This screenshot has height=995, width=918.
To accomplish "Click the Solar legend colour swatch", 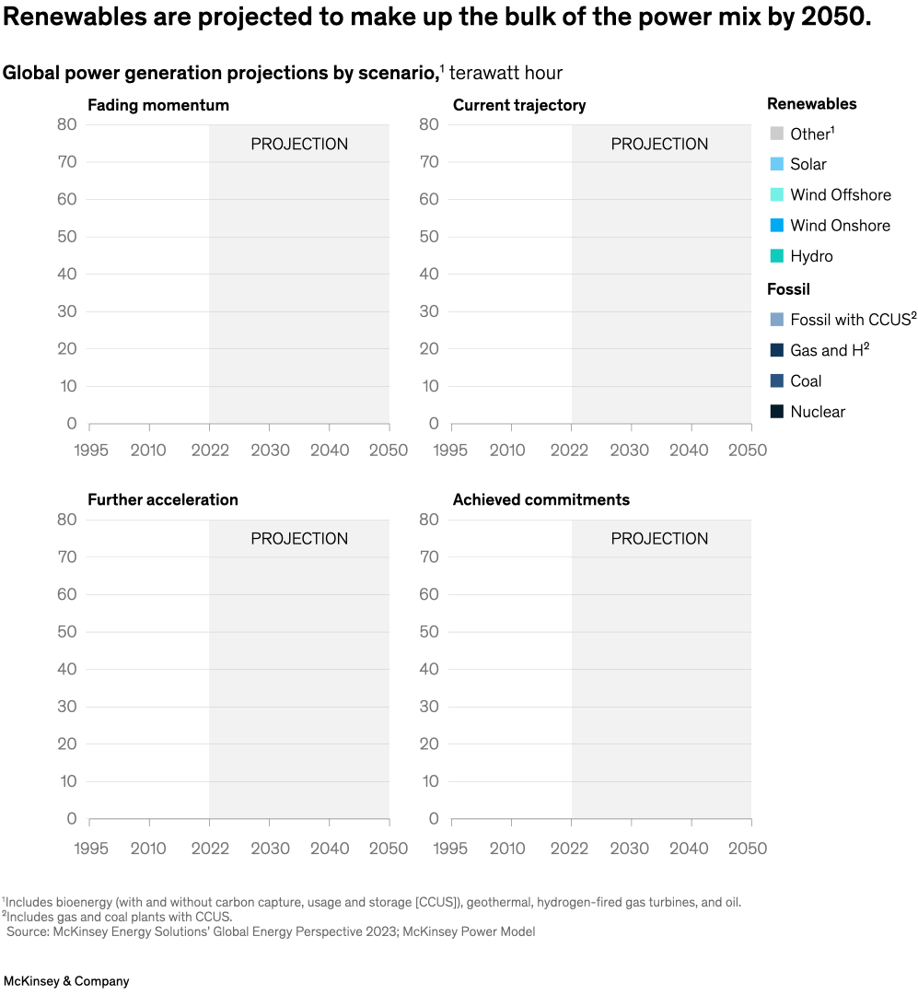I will pos(776,164).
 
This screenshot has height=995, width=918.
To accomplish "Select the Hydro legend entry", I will pos(811,256).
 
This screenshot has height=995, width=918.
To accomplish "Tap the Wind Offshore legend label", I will pos(840,194).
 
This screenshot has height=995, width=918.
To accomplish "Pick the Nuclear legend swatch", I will pos(776,412).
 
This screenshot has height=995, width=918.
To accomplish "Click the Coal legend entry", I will pos(806,380).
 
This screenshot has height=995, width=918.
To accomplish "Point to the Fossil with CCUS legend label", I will pos(854,320).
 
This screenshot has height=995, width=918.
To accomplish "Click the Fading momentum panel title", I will pos(158,105).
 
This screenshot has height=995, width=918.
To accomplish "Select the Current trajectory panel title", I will pos(519,105).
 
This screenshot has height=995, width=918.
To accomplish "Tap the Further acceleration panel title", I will pos(163,499).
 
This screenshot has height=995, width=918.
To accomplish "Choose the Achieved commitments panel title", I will pos(541,499).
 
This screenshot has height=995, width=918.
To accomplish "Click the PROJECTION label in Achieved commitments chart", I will pos(659,539).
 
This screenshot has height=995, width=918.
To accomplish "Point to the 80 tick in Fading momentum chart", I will pos(66,124).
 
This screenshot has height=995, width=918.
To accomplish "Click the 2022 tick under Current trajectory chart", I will pos(571,451).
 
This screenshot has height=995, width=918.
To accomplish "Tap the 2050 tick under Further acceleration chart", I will pos(388,848).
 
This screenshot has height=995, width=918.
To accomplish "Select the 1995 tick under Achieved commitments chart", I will pos(451,848).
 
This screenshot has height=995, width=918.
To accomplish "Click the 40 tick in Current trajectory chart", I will pos(428,274).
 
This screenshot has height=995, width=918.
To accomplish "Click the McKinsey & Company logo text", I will pos(66,981).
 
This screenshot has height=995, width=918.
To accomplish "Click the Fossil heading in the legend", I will pos(788,289).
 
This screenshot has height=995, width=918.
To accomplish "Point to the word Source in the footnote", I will pos(28,931).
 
